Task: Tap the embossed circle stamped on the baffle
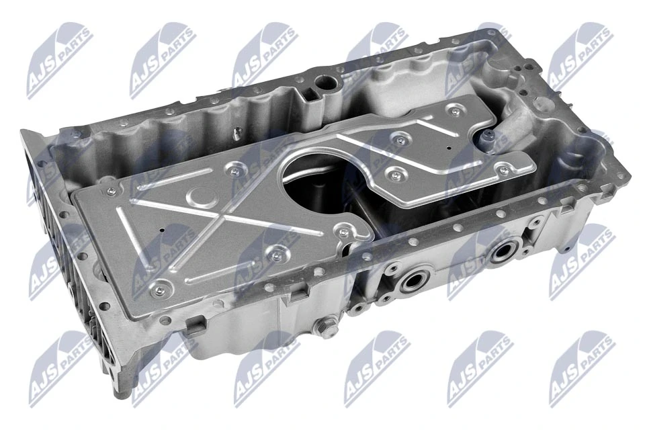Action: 201,196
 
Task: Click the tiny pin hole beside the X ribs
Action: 163,230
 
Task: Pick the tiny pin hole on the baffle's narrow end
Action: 449,148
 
